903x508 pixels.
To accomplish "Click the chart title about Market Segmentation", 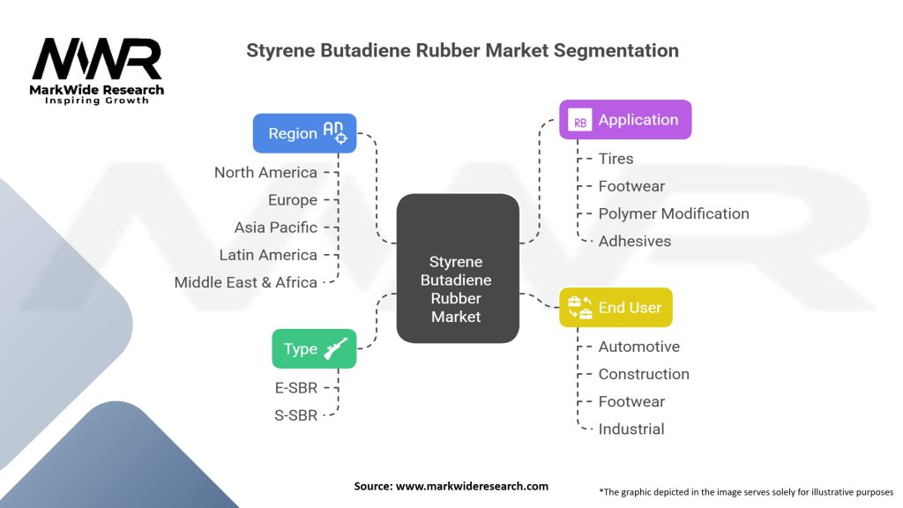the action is (462, 50).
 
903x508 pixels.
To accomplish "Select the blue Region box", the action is (304, 133).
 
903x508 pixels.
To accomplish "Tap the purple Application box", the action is (625, 120).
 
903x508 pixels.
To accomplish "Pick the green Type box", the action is (314, 348).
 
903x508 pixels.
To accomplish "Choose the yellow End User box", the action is (616, 308).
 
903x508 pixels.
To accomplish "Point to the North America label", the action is (265, 172).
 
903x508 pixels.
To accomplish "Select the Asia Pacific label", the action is (275, 228).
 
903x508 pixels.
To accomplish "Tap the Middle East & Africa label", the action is (245, 282).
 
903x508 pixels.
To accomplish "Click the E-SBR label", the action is (295, 387).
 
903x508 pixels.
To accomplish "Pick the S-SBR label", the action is (295, 415).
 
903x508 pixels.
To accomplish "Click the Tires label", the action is (616, 159).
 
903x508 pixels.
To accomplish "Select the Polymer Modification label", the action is (673, 213).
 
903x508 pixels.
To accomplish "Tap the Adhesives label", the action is (634, 241).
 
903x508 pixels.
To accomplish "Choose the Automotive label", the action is (638, 347).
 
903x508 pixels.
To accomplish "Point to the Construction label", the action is (644, 374).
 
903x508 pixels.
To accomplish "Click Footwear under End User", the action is (631, 401).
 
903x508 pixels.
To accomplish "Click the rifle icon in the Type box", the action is (337, 348).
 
